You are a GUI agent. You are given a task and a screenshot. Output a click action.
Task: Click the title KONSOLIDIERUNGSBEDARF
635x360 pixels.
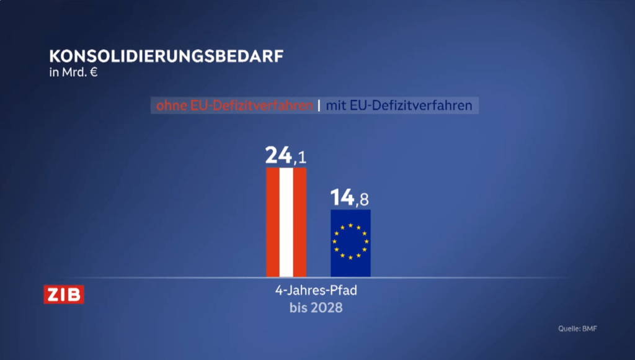coord(166,55)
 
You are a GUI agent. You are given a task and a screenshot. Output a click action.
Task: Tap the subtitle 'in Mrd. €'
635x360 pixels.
coord(74,72)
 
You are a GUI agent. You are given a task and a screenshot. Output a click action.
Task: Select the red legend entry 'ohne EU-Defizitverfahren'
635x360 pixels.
coord(234,106)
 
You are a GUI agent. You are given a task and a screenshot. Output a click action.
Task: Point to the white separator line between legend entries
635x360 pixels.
coord(319,106)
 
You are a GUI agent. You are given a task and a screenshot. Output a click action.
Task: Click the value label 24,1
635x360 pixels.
coord(286,156)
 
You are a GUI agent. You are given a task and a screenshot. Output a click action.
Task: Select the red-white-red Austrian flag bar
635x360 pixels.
coord(286,222)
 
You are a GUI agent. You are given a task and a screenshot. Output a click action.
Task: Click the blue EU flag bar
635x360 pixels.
coord(350,243)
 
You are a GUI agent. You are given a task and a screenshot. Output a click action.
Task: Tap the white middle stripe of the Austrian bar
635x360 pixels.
coord(286,222)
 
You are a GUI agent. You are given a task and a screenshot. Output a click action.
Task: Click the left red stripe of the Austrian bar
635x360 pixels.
coord(272,222)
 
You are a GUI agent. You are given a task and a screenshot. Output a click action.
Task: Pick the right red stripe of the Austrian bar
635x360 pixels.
coord(300,222)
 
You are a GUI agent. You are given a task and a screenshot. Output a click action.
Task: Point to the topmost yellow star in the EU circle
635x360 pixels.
coord(350,225)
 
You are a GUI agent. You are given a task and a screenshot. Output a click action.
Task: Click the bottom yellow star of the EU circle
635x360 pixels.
coord(350,257)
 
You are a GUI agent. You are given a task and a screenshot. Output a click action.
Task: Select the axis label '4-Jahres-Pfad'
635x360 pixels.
coord(316,291)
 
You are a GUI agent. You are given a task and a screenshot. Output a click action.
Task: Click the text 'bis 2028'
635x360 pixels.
coord(316,307)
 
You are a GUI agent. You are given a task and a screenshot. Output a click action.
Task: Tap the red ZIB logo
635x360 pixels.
coord(63,294)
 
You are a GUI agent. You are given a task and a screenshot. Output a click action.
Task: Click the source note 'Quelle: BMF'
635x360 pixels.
coord(577,329)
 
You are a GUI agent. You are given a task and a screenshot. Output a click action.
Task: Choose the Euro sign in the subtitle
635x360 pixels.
coord(94,72)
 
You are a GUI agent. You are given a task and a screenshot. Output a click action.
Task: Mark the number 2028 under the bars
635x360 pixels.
coord(327,307)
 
